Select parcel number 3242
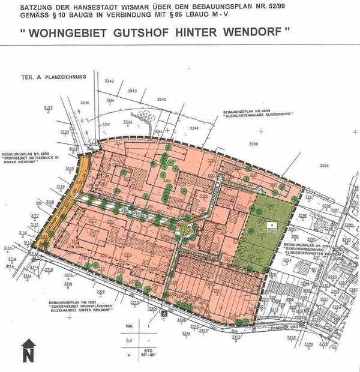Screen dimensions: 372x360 [109, 80]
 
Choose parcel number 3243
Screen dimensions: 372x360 [132, 90]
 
